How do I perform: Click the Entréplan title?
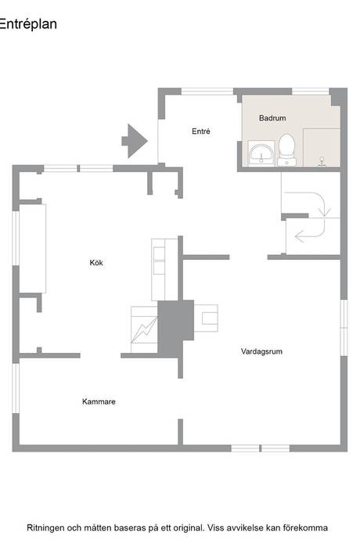point(28,24)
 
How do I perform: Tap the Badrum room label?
point(272,117)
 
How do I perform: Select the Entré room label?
point(201,131)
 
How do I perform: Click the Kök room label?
point(96,263)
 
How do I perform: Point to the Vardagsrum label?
point(261,351)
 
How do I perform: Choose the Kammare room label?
point(99,401)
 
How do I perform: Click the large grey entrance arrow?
point(135,141)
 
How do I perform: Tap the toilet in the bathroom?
point(286,149)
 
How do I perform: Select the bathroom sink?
point(261,153)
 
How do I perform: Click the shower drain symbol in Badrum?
point(322,162)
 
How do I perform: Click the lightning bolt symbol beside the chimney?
point(144,329)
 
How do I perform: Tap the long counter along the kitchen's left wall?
point(32,248)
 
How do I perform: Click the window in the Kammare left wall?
point(16,388)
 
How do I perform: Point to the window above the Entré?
point(207,92)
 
